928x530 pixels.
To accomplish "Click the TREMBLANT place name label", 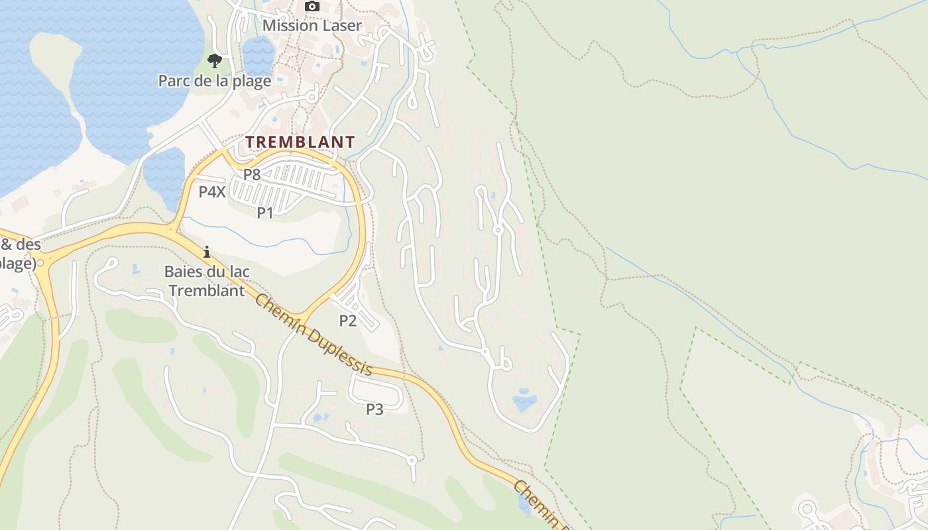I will [x=300, y=142].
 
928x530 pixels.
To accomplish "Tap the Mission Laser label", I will [x=312, y=26].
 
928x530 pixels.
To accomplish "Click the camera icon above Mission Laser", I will [x=312, y=7].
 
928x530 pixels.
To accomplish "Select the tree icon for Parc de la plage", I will [x=214, y=61].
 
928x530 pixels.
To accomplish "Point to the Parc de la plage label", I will [x=214, y=81].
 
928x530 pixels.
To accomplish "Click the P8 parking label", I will [x=252, y=175].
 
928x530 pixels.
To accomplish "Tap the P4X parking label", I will [x=212, y=192].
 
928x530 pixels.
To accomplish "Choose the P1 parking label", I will [x=265, y=213].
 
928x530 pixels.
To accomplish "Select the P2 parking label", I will [x=348, y=321].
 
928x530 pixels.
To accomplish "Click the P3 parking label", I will [x=375, y=409].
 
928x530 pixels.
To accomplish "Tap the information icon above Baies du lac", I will [x=207, y=252].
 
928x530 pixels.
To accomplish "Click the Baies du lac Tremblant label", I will [x=205, y=281].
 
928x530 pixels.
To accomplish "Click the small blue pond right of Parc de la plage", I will [x=259, y=56].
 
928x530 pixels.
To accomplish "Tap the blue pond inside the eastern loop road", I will [x=524, y=401].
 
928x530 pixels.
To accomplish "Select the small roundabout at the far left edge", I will [x=41, y=263].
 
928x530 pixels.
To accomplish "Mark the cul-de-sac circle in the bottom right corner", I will [x=807, y=509].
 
